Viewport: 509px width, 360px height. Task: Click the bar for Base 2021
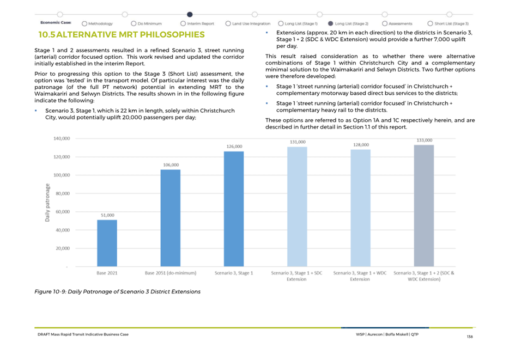(107, 243)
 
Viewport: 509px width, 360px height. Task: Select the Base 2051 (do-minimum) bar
(171, 218)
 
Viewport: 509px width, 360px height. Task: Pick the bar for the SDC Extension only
(297, 206)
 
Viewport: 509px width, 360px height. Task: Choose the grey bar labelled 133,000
(424, 206)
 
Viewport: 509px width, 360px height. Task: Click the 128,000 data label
(361, 145)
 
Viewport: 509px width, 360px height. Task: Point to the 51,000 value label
(107, 215)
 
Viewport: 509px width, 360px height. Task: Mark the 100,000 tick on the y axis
(62, 175)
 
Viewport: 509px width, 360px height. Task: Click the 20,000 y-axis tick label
(63, 248)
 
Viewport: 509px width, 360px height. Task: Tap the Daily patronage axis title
(47, 203)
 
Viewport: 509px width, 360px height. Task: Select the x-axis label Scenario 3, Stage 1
(234, 273)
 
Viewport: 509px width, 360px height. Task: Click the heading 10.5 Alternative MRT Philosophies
(122, 35)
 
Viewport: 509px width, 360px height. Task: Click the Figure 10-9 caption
(118, 291)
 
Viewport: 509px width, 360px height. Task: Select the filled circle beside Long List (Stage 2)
(330, 23)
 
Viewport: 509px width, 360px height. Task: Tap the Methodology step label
(100, 23)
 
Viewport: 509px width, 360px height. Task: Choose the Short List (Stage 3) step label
(452, 23)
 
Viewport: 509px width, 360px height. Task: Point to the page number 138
(470, 337)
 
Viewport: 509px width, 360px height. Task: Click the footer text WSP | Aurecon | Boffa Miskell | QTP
(387, 334)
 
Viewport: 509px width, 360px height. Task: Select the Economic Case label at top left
(56, 23)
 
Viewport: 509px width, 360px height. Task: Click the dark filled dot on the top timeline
(190, 14)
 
